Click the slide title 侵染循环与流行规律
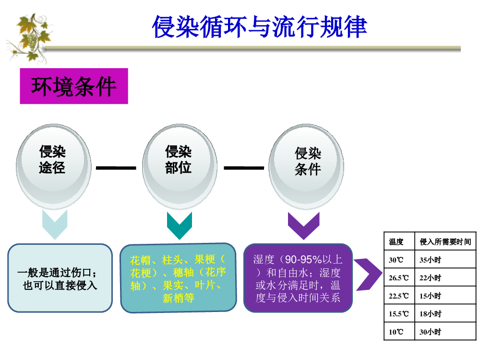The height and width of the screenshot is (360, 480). click(x=259, y=27)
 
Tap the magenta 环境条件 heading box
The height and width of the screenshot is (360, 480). click(x=74, y=86)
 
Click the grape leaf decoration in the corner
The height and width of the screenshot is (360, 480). click(x=29, y=38)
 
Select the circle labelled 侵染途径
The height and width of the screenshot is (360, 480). click(x=54, y=167)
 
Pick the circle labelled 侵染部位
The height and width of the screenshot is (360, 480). click(x=180, y=167)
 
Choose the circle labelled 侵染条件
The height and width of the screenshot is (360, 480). click(x=306, y=167)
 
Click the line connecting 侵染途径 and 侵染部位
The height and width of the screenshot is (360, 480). click(x=116, y=168)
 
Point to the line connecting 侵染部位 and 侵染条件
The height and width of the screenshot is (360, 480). click(x=244, y=168)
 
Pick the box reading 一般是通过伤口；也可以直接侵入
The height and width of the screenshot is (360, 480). click(x=60, y=278)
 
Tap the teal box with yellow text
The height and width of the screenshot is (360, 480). click(x=178, y=278)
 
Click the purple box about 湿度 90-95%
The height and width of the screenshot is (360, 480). click(x=298, y=278)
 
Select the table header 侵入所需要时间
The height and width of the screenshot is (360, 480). click(x=445, y=242)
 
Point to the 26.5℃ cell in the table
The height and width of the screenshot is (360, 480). click(x=399, y=277)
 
